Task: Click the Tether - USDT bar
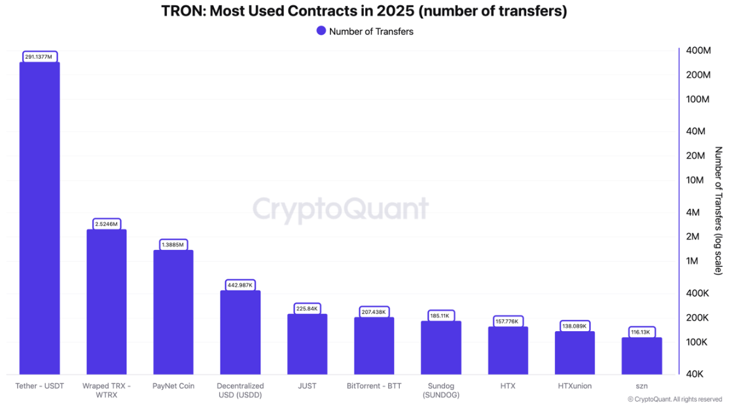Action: tap(39, 218)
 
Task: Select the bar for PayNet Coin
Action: tap(173, 311)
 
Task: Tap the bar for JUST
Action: tap(307, 343)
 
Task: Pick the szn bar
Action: tap(641, 355)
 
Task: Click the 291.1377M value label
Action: tap(39, 57)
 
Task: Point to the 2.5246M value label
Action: tap(107, 224)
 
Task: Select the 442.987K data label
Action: tap(240, 285)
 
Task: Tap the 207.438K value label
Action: tap(374, 312)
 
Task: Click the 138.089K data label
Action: tap(575, 326)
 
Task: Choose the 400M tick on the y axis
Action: tap(698, 51)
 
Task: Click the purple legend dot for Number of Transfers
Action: tap(321, 31)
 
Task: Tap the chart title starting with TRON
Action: tap(364, 11)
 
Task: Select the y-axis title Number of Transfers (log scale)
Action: tap(719, 210)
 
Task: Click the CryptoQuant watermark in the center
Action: tap(340, 209)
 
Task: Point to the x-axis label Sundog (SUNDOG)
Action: tap(440, 391)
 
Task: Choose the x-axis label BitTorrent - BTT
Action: tap(374, 386)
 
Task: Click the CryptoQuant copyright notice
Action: tap(674, 399)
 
